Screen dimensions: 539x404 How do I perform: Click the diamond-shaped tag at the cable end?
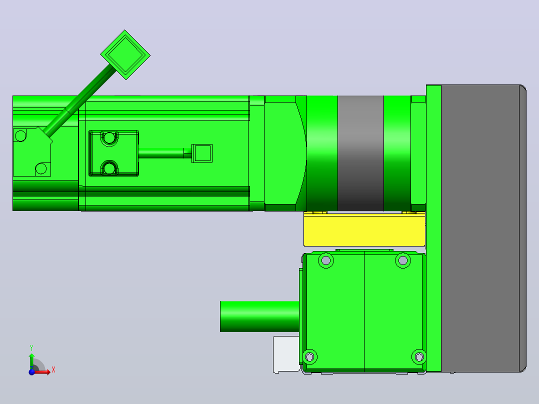[125, 54]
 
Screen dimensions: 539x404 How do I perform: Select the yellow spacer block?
[364, 229]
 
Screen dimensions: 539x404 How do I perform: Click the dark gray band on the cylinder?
[360, 153]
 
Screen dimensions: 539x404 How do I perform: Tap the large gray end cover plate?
[483, 228]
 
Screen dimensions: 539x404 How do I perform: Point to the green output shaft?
[259, 316]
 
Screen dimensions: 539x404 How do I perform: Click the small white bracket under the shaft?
[286, 354]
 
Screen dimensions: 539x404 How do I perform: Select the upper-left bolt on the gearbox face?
[326, 260]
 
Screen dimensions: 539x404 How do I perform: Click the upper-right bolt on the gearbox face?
[403, 260]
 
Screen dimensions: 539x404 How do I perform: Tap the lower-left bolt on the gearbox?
[309, 357]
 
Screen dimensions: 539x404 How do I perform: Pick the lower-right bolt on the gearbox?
[418, 357]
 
